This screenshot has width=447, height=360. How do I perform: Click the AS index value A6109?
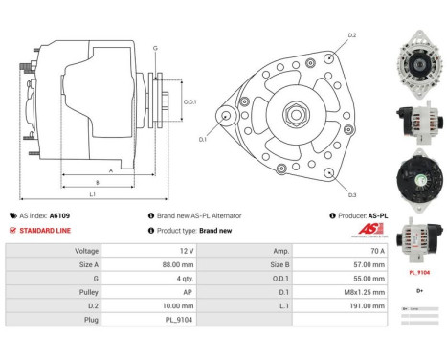point(59,216)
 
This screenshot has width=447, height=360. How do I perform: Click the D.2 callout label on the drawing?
point(351,35)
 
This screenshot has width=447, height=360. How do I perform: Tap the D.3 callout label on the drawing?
point(351,196)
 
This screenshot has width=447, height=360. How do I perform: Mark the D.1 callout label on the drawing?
point(203,140)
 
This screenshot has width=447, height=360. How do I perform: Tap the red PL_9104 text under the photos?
point(419,272)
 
